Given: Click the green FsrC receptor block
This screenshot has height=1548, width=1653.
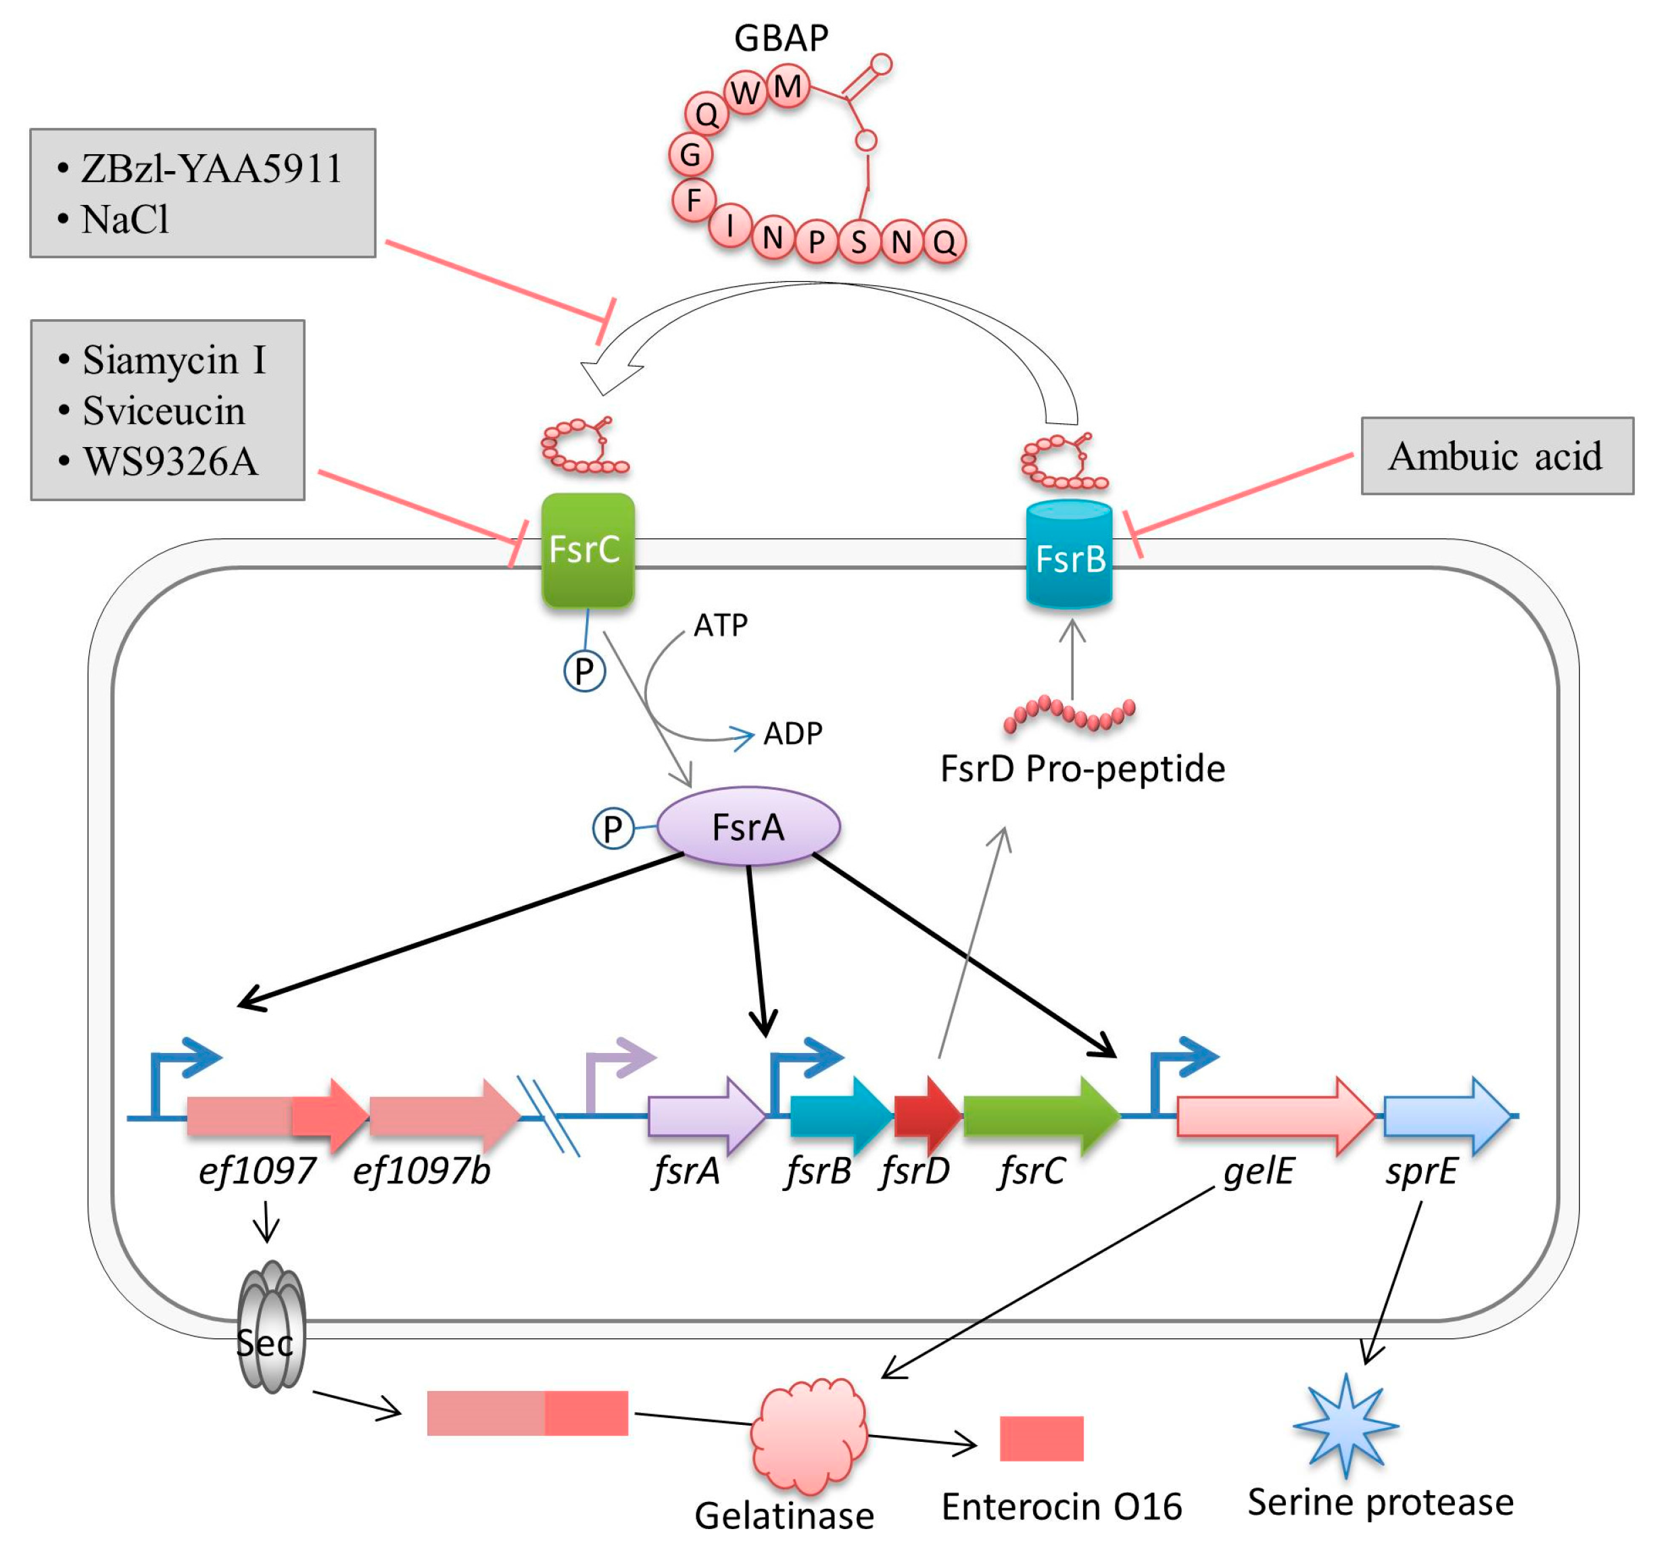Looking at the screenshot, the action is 588,550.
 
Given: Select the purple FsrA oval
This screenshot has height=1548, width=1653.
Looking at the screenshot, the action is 748,827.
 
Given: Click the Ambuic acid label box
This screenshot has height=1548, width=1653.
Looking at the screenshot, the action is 1498,456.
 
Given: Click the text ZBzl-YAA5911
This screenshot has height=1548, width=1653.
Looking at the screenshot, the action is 211,169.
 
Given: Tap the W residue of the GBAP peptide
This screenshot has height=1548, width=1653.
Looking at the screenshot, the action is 746,93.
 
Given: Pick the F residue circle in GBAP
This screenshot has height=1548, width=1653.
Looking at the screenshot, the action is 694,200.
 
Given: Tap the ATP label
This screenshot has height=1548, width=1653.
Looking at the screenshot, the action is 720,625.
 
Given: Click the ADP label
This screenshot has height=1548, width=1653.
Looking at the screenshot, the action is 793,734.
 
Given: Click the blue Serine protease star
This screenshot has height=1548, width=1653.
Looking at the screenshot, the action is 1345,1425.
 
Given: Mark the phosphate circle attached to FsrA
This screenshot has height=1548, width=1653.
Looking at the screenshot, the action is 613,828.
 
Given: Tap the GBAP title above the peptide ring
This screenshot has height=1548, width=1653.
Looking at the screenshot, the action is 781,37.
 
